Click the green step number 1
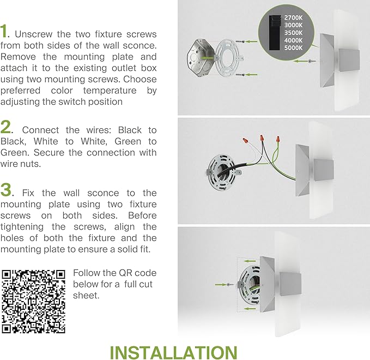[4, 32]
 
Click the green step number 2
[7, 128]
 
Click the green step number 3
[7, 190]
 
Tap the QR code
[34, 301]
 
